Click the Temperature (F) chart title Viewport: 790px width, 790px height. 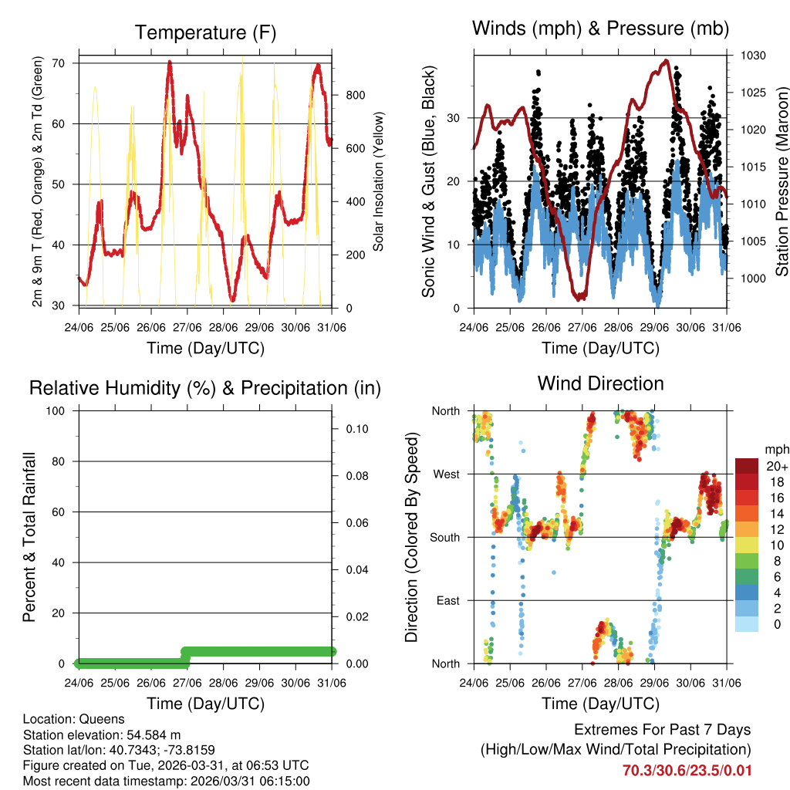coord(205,32)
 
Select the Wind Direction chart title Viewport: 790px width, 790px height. coord(600,383)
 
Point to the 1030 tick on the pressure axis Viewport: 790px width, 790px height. coord(752,56)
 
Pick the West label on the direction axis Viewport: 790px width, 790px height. coord(445,474)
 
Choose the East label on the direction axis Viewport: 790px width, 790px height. coord(447,600)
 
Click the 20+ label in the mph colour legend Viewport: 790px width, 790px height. coord(776,466)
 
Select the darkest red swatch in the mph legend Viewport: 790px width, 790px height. coord(748,466)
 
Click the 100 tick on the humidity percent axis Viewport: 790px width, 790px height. coord(56,411)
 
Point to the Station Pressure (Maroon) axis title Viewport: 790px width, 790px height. coord(782,181)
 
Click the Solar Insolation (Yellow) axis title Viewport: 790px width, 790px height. coord(379,181)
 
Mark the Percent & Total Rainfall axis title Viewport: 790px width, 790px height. coord(29,537)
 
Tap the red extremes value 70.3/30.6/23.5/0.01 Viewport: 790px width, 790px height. coord(686,770)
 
